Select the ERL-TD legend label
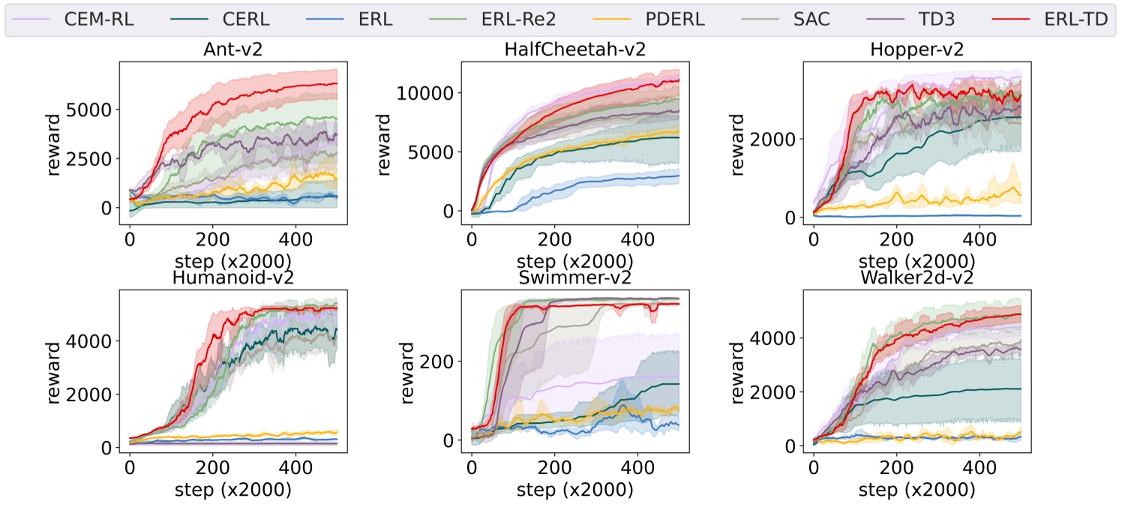tap(1073, 19)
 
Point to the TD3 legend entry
tap(940, 19)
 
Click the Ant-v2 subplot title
tap(233, 49)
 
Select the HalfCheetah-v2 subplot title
tap(575, 49)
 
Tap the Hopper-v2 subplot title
tap(916, 49)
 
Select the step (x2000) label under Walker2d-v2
tap(916, 490)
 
